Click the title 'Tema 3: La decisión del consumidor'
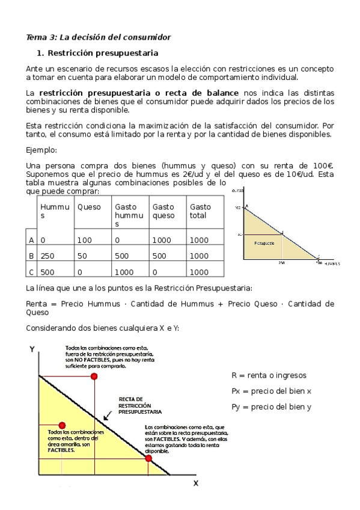99,37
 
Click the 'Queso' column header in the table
89,207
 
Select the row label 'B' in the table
31,256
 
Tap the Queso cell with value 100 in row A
85,240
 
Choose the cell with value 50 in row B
83,256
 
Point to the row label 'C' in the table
31,272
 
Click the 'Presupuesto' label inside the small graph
264,243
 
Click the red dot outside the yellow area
93,376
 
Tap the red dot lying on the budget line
148,458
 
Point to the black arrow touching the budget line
107,416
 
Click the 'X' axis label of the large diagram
195,483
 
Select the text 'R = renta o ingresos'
269,375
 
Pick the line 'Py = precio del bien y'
271,407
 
